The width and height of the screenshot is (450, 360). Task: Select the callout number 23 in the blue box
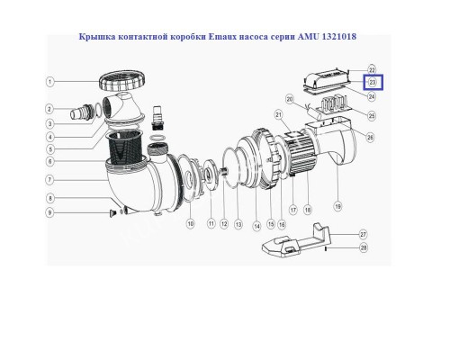371,83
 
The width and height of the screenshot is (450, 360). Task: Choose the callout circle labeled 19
337,206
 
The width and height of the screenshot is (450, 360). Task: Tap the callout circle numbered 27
363,233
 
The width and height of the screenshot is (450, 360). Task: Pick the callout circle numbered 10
190,223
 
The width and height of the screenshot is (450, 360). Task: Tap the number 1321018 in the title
346,37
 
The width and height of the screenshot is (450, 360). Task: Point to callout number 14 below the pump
255,223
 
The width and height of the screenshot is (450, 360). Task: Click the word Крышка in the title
104,37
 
